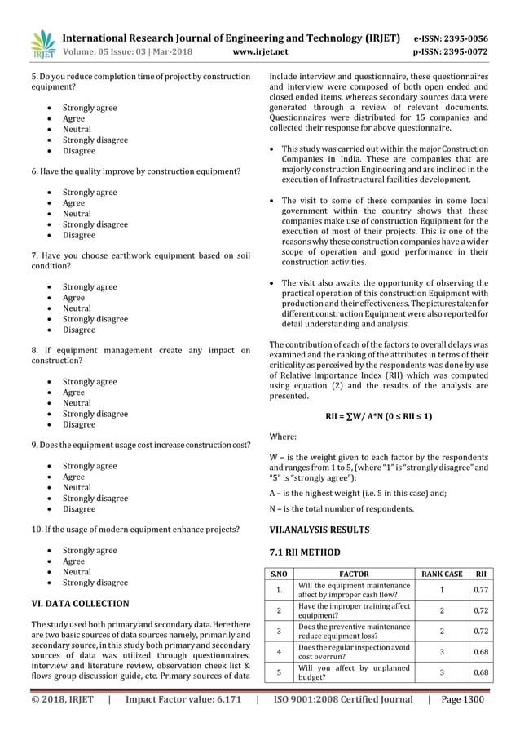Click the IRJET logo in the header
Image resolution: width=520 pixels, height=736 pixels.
pos(41,45)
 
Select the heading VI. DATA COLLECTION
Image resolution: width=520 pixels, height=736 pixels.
pos(79,604)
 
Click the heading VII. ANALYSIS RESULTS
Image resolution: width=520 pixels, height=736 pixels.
pos(319,530)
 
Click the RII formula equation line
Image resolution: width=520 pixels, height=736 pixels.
pos(379,416)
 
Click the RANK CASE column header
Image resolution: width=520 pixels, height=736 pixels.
pos(443,574)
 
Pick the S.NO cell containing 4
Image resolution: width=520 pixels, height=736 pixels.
pos(279,651)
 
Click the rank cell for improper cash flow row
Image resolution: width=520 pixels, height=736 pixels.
pos(442,590)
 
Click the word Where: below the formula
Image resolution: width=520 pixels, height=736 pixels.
pos(284,437)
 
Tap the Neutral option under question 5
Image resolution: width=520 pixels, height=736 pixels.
pos(77,129)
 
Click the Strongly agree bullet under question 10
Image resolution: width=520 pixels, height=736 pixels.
pos(90,551)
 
